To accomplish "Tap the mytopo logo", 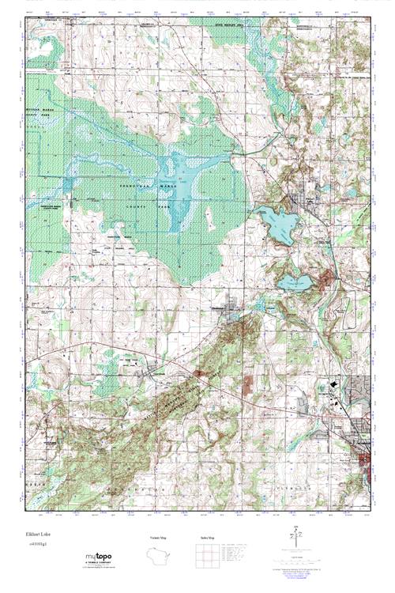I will click(x=103, y=557).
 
